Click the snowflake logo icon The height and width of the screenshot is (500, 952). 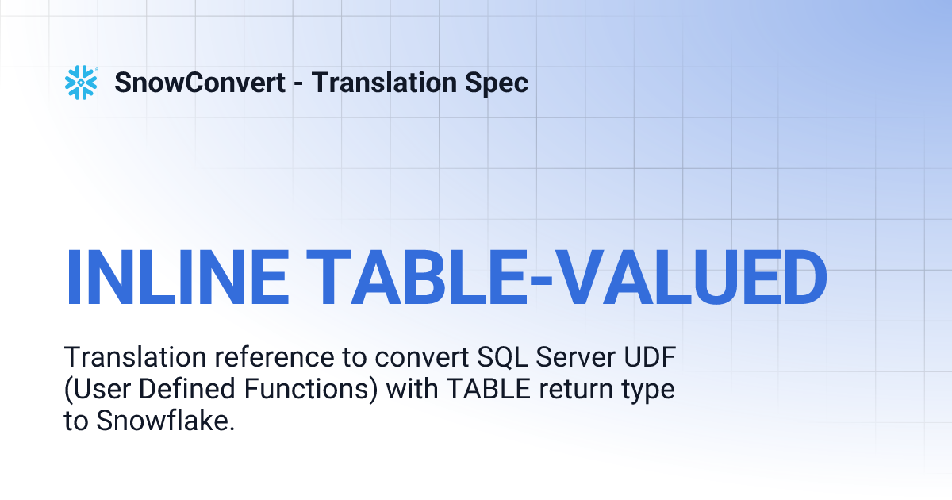click(80, 83)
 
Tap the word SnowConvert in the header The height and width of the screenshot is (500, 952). click(200, 83)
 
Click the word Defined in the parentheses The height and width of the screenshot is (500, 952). click(175, 390)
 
